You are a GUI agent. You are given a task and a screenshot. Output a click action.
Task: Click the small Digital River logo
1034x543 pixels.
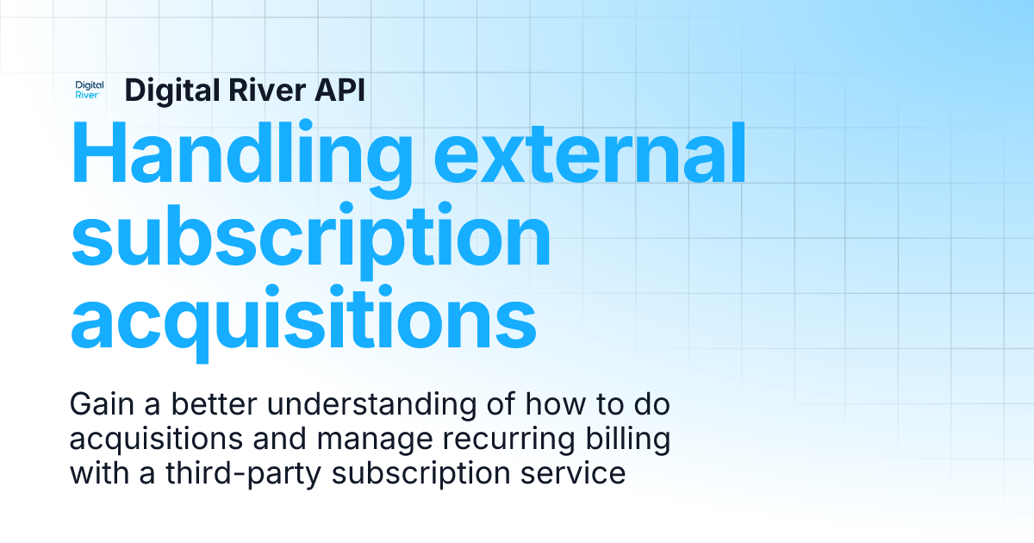tap(90, 90)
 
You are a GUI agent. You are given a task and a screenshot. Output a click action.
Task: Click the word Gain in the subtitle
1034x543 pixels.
tap(98, 403)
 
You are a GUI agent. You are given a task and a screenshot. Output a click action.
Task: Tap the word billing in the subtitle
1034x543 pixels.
tap(627, 439)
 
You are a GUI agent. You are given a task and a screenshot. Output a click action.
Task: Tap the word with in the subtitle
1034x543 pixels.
tap(91, 473)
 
